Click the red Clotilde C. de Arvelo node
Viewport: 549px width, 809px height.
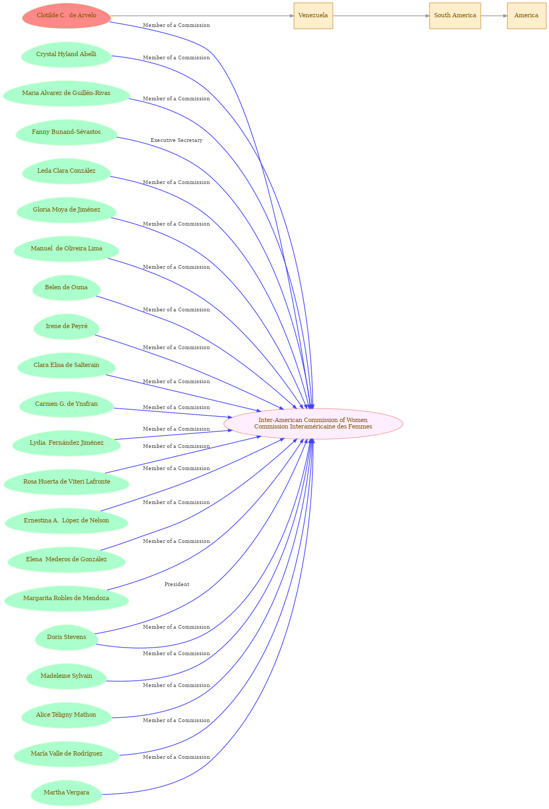click(x=66, y=16)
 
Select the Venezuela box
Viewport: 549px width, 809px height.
click(x=313, y=16)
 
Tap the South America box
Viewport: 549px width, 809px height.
click(x=455, y=16)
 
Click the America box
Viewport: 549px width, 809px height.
click(x=526, y=16)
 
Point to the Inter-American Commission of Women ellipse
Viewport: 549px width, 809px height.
click(x=313, y=424)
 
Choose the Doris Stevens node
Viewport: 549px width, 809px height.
click(x=66, y=637)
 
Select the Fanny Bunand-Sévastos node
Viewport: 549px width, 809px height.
click(x=66, y=132)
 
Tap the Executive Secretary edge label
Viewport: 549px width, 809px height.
click(x=177, y=140)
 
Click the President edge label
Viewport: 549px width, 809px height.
click(x=177, y=584)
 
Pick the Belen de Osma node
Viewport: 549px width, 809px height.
click(x=66, y=288)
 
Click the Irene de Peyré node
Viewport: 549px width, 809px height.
click(x=66, y=327)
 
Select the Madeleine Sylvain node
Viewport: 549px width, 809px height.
click(x=66, y=676)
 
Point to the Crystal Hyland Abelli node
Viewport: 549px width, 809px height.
click(x=66, y=55)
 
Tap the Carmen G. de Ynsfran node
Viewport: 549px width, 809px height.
click(x=66, y=404)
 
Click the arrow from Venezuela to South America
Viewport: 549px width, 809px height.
click(x=381, y=16)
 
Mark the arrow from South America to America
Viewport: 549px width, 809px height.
click(x=494, y=16)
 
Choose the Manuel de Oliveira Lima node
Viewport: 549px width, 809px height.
click(x=66, y=249)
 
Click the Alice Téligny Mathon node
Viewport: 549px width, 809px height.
click(x=66, y=715)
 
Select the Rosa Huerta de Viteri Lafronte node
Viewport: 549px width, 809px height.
click(x=66, y=482)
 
